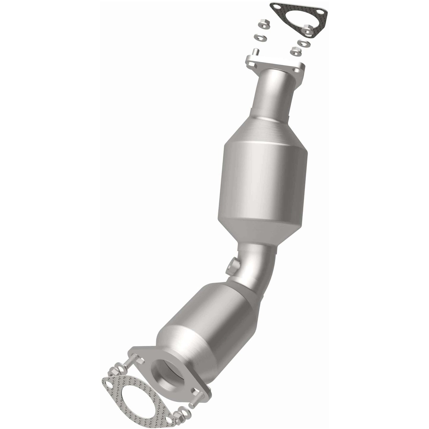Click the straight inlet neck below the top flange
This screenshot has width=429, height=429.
tap(275, 92)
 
